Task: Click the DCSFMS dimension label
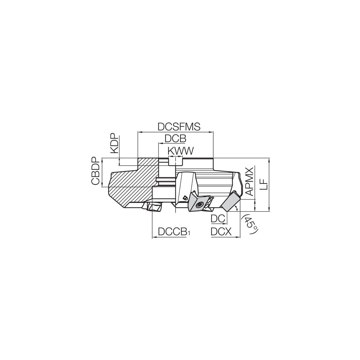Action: coord(179,127)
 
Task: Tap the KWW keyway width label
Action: coord(181,151)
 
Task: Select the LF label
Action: coord(264,184)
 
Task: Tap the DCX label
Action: coord(221,232)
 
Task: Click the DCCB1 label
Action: coord(174,232)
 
